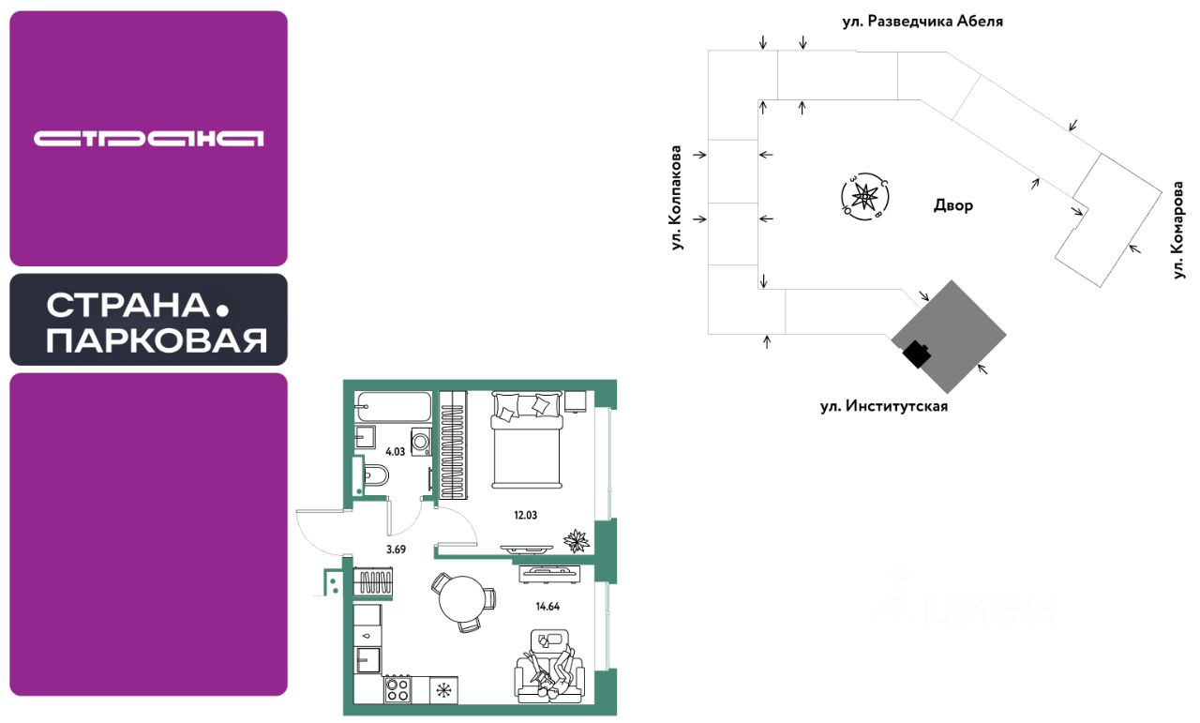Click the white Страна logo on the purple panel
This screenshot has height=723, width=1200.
[x=148, y=139]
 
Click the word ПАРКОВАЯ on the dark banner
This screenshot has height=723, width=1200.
[x=157, y=340]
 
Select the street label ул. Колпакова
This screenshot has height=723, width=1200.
[x=674, y=198]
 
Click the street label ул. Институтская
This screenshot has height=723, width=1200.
[x=884, y=406]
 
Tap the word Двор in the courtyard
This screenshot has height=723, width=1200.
[x=953, y=205]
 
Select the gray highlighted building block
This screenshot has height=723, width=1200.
[x=949, y=337]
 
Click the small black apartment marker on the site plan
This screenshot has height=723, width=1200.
[x=916, y=353]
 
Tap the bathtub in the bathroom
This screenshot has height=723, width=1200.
[x=393, y=409]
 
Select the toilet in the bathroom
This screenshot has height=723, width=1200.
[x=375, y=474]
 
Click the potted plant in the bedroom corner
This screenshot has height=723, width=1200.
[x=576, y=541]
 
